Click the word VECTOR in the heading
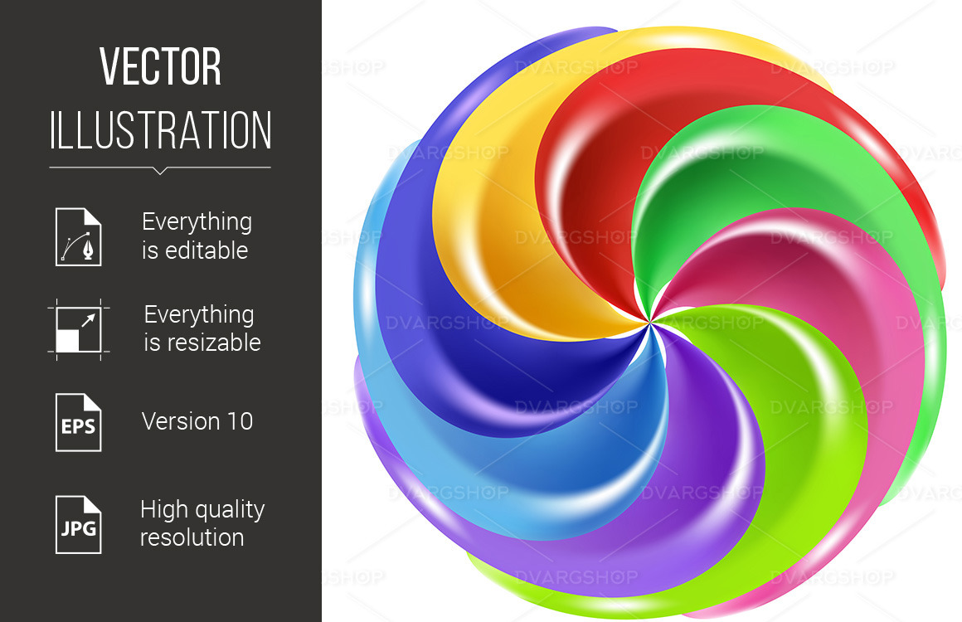point(160,66)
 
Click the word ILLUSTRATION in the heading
point(160,130)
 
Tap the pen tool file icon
point(79,237)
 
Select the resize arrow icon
point(79,329)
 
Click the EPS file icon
point(79,422)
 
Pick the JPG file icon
point(79,524)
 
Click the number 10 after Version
point(240,421)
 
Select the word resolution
point(192,537)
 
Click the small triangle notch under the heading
point(160,171)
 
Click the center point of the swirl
point(649,320)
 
